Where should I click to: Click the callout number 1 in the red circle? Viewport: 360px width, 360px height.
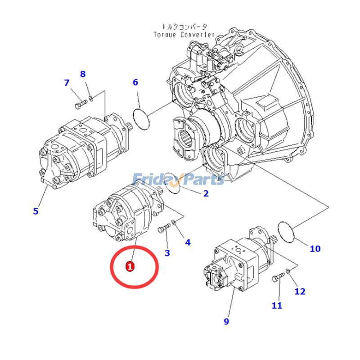click(130, 266)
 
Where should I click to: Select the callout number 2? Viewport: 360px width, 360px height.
click(206, 194)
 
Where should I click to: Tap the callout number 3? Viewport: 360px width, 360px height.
click(167, 253)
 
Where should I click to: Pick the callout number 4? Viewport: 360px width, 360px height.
click(188, 243)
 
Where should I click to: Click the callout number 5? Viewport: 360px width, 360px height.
click(36, 211)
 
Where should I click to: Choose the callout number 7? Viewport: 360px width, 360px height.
click(67, 83)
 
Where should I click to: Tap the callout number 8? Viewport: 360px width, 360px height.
click(82, 74)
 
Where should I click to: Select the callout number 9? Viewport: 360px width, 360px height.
click(226, 321)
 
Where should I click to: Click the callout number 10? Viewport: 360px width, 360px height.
click(315, 248)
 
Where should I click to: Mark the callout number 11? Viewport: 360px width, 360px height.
click(277, 306)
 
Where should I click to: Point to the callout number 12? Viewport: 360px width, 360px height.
click(300, 291)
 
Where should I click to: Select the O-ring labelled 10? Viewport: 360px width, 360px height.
click(286, 231)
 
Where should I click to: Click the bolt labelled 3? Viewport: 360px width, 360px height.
click(163, 230)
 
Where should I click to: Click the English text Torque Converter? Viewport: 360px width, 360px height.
click(184, 35)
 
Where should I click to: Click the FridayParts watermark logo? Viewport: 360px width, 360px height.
click(178, 180)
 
